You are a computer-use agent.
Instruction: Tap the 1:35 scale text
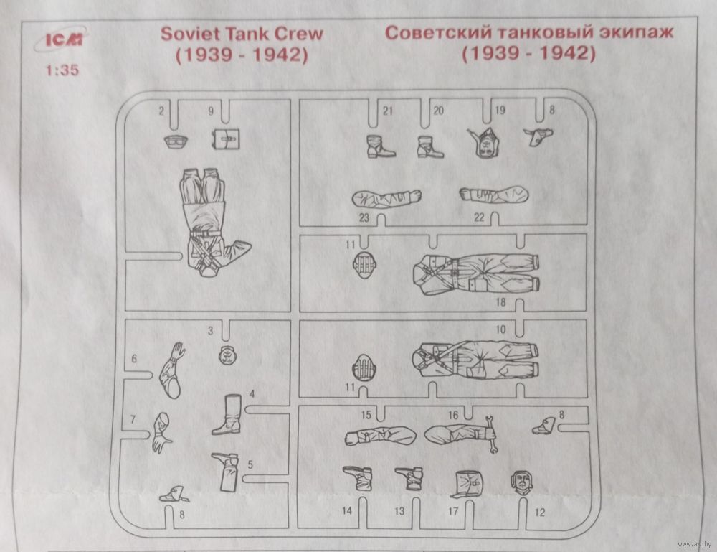point(62,70)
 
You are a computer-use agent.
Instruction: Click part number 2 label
point(161,111)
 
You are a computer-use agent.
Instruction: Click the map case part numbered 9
point(226,139)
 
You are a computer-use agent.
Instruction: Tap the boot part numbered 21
point(379,146)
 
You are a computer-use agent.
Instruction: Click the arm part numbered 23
point(386,197)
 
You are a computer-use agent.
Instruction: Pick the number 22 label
point(479,217)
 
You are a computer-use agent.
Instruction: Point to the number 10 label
point(500,329)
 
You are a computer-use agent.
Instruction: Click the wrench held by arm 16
point(491,434)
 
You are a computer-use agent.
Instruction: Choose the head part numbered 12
point(521,482)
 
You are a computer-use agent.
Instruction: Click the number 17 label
point(453,511)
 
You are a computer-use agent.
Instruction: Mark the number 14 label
point(347,511)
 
